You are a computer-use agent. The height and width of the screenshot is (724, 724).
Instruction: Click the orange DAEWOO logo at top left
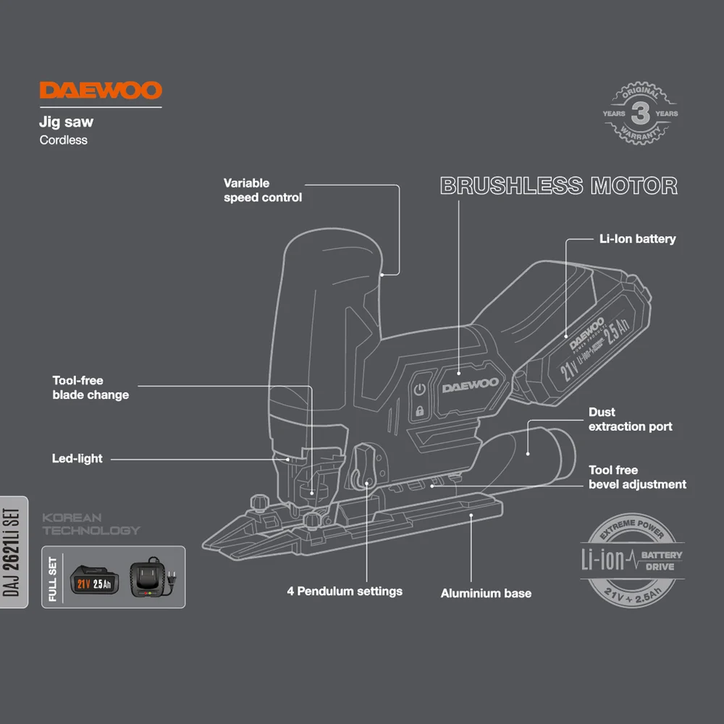(101, 90)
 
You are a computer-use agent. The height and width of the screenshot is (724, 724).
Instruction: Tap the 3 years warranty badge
(641, 114)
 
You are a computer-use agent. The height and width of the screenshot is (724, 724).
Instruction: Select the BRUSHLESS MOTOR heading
(559, 186)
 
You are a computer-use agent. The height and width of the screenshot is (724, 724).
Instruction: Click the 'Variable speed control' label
(262, 190)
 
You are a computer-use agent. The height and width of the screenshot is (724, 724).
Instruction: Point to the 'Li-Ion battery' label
(637, 239)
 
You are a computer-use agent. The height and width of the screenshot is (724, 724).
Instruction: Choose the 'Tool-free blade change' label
(90, 387)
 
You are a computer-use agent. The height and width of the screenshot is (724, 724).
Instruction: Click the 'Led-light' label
(77, 458)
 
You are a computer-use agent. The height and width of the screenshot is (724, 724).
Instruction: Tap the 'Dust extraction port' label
(630, 419)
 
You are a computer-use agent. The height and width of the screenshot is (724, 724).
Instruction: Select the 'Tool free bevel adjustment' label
(637, 477)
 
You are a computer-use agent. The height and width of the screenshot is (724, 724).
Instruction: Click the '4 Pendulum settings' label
(344, 592)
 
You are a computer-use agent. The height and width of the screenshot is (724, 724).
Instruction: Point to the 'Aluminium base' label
(486, 594)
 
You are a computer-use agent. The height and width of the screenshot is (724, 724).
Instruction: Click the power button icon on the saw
(419, 391)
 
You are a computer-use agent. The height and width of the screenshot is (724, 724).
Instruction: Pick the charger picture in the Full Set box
(151, 578)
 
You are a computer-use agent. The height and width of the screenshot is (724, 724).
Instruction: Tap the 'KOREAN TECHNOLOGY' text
(90, 524)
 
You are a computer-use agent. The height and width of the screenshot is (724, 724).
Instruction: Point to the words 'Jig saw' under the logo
(66, 123)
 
